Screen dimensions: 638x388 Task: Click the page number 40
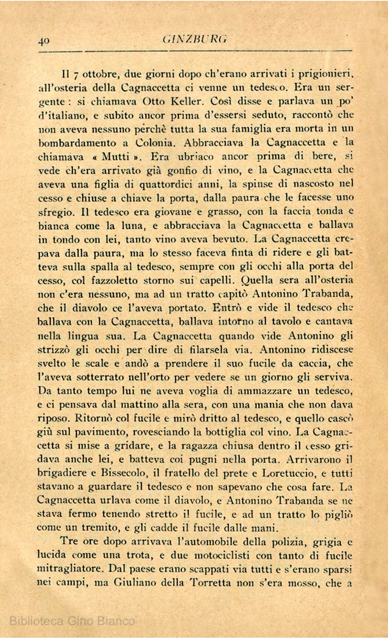[44, 41]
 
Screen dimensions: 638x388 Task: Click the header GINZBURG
[195, 39]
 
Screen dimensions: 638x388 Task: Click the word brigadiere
[63, 473]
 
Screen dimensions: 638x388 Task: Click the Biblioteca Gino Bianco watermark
[72, 621]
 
